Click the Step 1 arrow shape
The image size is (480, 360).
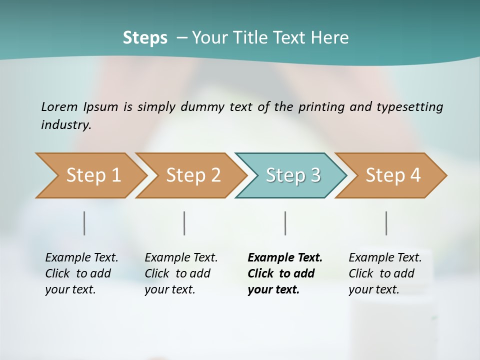(x=90, y=175)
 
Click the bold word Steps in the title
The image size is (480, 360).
(x=145, y=38)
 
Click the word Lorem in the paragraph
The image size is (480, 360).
(x=59, y=107)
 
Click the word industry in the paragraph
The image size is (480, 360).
(x=66, y=125)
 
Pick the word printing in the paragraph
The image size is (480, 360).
(x=321, y=107)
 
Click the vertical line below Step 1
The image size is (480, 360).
(x=84, y=223)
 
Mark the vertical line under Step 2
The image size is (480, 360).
(x=184, y=223)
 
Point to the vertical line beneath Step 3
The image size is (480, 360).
(x=285, y=223)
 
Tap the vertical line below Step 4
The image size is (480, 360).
(x=386, y=223)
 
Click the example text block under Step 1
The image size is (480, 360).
(x=81, y=273)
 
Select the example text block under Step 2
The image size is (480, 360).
(x=181, y=273)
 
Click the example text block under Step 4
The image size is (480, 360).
(x=385, y=273)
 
